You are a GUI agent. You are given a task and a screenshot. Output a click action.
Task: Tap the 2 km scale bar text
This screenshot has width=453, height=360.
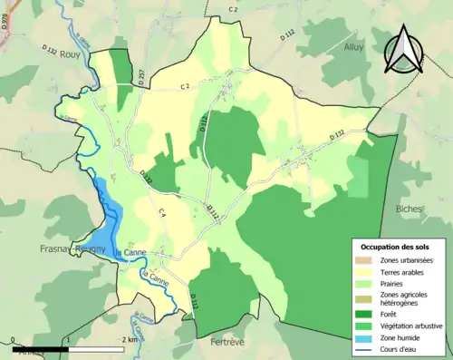129,339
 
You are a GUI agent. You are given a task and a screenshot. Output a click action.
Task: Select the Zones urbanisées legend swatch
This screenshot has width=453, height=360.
367,260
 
